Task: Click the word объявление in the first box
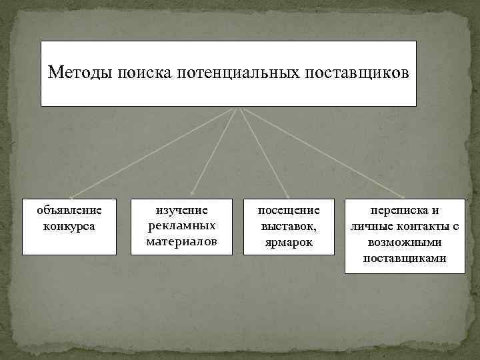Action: coord(69,211)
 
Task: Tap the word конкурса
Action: coord(69,226)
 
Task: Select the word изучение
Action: coord(182,211)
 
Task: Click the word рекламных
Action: coord(182,225)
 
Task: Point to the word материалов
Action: coord(182,241)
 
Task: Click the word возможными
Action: coord(405,242)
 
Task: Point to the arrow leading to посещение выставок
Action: coord(263,153)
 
